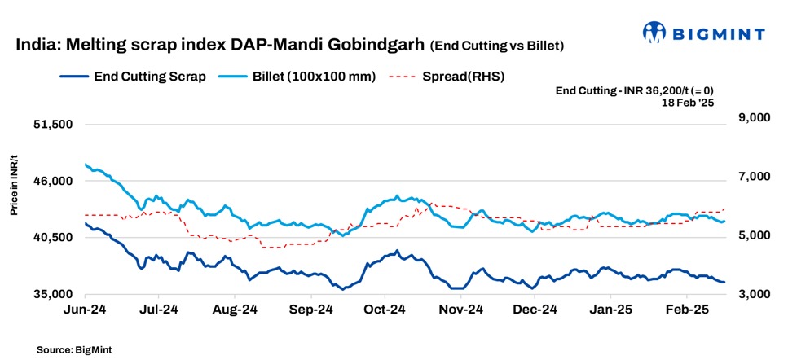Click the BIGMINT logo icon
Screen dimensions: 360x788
coord(654,33)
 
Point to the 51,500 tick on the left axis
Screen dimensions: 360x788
coord(53,125)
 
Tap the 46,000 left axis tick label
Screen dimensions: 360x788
coord(53,181)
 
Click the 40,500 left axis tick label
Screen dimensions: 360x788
coord(53,237)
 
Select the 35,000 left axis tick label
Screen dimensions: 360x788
coord(53,293)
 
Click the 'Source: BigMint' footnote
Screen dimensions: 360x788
coord(73,349)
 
